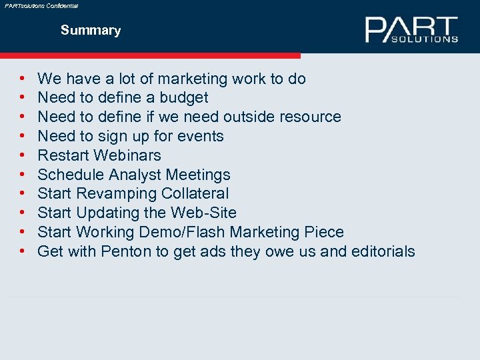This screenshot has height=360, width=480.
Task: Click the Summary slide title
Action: click(x=91, y=31)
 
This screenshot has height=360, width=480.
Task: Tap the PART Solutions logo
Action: click(x=411, y=30)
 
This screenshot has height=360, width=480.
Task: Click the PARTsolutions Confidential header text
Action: click(x=41, y=5)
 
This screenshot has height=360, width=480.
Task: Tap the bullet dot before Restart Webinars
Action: click(x=23, y=155)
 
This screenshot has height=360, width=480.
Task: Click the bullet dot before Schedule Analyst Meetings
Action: click(x=23, y=175)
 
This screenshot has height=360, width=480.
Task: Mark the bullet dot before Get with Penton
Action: click(x=23, y=252)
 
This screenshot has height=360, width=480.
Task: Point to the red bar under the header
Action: click(x=150, y=56)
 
